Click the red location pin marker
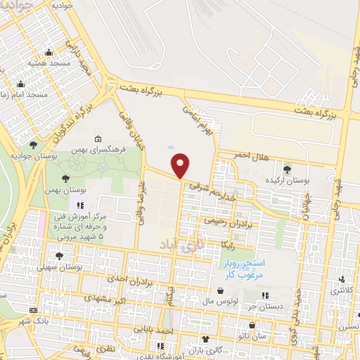pyautogui.click(x=181, y=165)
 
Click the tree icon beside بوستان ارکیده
pyautogui.click(x=286, y=169)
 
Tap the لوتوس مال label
pyautogui.click(x=236, y=301)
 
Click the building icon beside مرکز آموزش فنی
pyautogui.click(x=79, y=206)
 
